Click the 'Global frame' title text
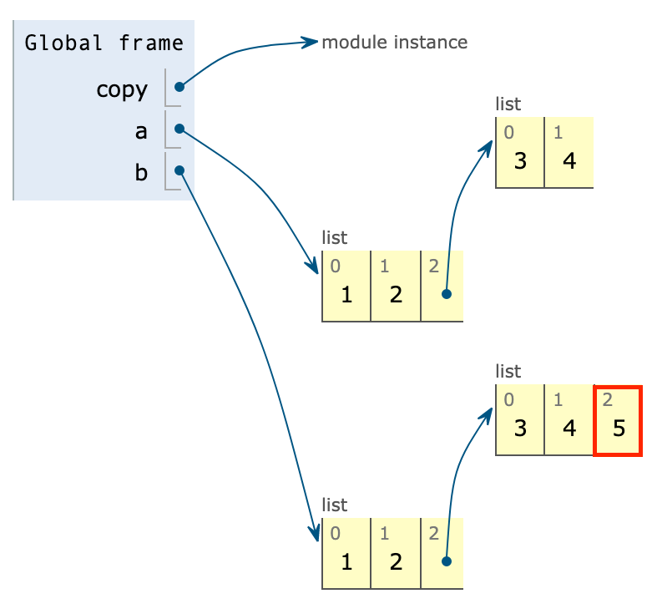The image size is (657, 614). [104, 43]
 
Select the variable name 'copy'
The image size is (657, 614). [122, 89]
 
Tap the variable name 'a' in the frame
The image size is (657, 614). [141, 131]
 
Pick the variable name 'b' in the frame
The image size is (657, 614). [141, 173]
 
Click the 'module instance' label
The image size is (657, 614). [394, 42]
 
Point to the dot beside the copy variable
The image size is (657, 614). [179, 87]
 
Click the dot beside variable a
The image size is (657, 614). [179, 129]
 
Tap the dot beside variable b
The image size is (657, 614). [179, 170]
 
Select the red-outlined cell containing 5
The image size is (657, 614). [618, 421]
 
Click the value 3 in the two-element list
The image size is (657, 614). [520, 160]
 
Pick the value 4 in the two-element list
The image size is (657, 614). [569, 160]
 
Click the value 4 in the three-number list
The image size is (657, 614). [569, 429]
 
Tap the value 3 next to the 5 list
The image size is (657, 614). [520, 429]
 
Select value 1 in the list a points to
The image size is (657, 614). [346, 294]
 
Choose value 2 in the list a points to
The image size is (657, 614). [396, 294]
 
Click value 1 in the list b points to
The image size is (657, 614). [346, 561]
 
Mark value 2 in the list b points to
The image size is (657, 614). [396, 561]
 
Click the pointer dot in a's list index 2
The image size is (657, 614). [447, 294]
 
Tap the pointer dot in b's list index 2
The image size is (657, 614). [447, 561]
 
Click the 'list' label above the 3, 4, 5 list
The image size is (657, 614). [508, 371]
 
